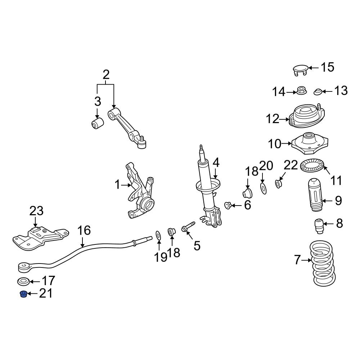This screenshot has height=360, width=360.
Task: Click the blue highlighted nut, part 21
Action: tap(23, 294)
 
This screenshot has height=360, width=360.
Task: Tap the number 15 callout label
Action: tap(327, 67)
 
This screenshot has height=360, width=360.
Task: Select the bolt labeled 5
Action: tap(187, 228)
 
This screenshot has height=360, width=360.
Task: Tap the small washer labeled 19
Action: tap(158, 235)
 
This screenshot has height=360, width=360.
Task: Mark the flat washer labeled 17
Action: tap(23, 281)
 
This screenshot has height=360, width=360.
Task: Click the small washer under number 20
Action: tap(263, 188)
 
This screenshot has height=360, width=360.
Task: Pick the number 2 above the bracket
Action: tap(105, 75)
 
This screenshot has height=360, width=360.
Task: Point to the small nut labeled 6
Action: tap(228, 206)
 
